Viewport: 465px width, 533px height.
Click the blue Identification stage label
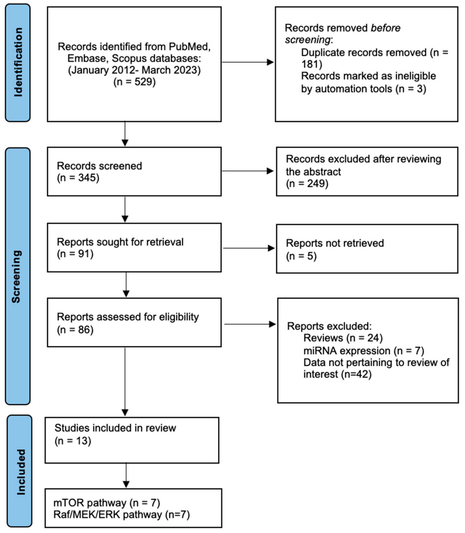(x=18, y=63)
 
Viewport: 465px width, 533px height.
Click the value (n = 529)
(x=134, y=82)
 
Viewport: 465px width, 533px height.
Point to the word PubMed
(x=189, y=47)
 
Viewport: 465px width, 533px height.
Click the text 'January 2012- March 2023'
(x=134, y=70)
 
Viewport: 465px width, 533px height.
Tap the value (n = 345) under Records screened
(x=78, y=178)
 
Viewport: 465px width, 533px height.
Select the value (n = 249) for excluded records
(x=307, y=183)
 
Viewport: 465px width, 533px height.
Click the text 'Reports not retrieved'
(x=335, y=243)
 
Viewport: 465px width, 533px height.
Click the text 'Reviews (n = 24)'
(x=343, y=338)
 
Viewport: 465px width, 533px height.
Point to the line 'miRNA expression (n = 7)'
(x=364, y=351)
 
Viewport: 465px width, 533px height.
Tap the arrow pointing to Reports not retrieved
(x=249, y=248)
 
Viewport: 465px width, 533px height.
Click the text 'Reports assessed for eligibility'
(x=128, y=317)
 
